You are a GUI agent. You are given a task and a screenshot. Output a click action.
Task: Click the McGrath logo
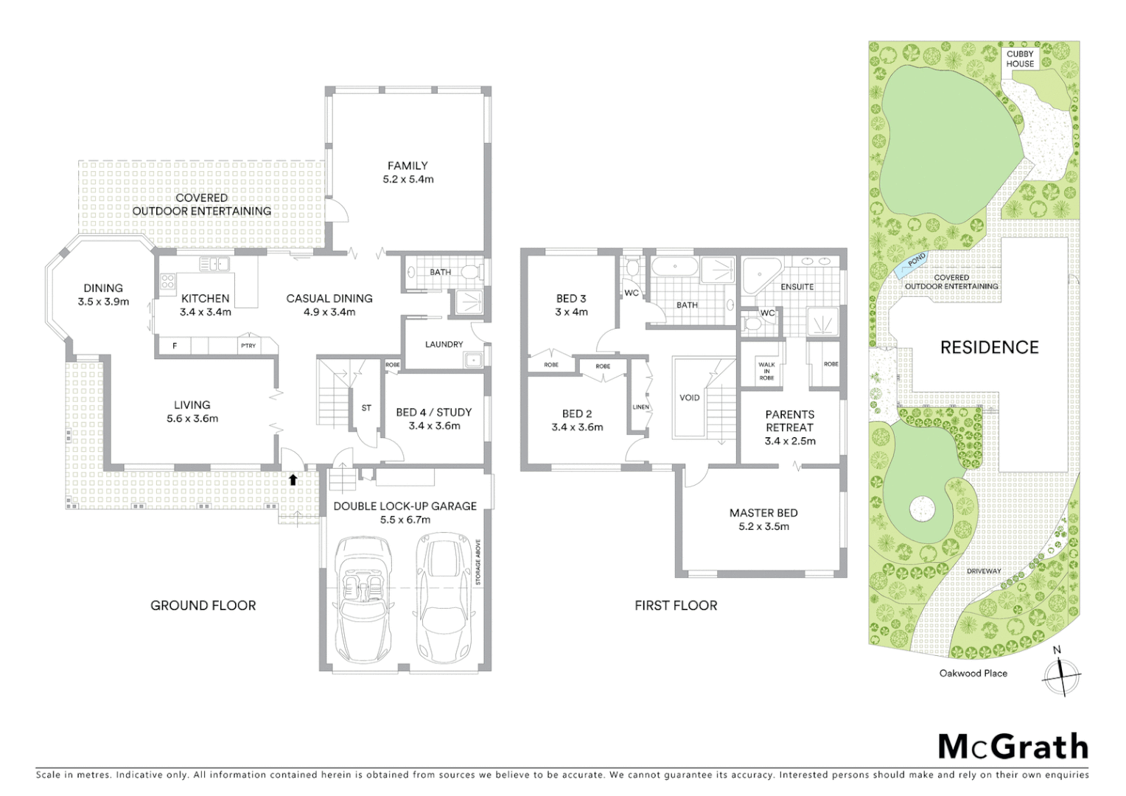tap(1013, 747)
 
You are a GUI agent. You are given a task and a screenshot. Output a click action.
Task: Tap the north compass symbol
tap(1060, 674)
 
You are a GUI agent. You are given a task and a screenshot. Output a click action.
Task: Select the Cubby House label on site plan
tap(1020, 59)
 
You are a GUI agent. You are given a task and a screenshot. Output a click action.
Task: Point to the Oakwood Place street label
tap(973, 673)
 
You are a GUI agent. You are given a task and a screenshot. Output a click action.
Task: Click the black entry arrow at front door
tap(293, 480)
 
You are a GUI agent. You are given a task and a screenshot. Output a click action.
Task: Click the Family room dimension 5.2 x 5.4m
tap(408, 179)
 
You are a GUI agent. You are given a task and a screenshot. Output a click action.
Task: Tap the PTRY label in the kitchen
tap(248, 345)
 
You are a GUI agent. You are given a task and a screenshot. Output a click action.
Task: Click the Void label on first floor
tap(689, 397)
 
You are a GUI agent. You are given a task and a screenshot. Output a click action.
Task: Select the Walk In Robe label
tap(766, 371)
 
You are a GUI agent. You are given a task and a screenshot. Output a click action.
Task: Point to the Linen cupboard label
tap(640, 407)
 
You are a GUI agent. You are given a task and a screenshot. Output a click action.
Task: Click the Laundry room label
tap(444, 344)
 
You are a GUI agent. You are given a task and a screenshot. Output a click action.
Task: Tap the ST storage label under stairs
tap(366, 408)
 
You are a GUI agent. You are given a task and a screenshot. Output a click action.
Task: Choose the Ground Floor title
tap(203, 605)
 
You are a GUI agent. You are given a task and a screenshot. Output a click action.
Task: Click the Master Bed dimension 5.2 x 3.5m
tap(763, 526)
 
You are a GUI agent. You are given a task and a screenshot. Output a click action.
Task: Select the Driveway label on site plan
tap(984, 571)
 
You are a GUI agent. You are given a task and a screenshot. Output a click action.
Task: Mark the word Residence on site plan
tap(989, 347)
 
